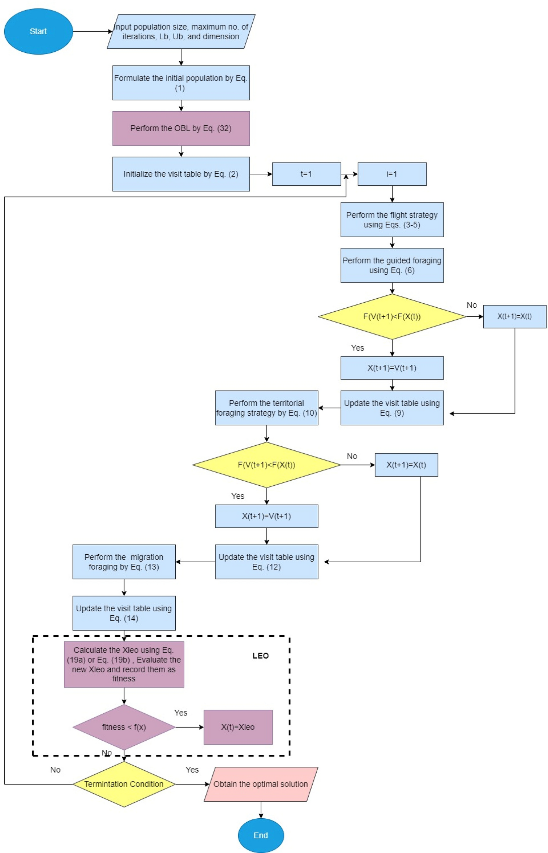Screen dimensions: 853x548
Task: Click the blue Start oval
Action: tap(38, 31)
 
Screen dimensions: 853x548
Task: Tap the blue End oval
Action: tap(261, 835)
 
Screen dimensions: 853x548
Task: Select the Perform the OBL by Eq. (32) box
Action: tap(181, 128)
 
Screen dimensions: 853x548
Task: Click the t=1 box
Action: tap(306, 174)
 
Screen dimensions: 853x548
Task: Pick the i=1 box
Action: tap(392, 174)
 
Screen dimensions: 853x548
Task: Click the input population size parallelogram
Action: tap(181, 31)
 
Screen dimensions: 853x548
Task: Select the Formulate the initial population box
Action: tap(181, 83)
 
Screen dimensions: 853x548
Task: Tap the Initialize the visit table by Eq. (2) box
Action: tap(181, 174)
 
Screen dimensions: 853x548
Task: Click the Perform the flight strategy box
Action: tap(392, 220)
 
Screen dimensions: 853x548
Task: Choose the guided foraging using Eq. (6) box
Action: tap(392, 265)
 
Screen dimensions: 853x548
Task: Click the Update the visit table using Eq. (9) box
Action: tap(392, 408)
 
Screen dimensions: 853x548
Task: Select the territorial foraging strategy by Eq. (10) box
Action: tap(266, 408)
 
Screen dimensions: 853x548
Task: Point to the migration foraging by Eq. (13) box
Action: tap(124, 562)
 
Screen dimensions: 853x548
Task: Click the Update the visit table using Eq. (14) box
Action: tap(124, 613)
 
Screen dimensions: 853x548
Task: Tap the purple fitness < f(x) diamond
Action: tap(124, 727)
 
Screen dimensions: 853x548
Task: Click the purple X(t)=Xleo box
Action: tap(238, 727)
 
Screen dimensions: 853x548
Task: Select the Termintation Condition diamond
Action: tap(124, 784)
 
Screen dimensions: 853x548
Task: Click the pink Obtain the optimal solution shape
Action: tap(261, 784)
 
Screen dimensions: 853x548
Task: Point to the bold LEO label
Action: tap(260, 655)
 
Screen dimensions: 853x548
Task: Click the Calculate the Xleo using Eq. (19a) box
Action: tap(124, 664)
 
